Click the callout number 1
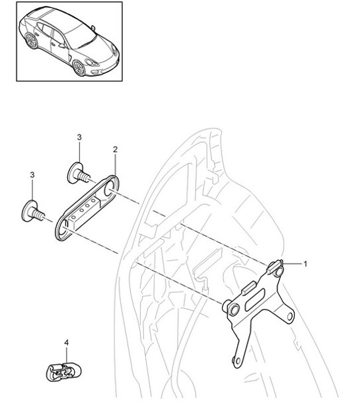point(305,263)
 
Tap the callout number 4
point(66,342)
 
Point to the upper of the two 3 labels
point(79,137)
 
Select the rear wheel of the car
point(31,42)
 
